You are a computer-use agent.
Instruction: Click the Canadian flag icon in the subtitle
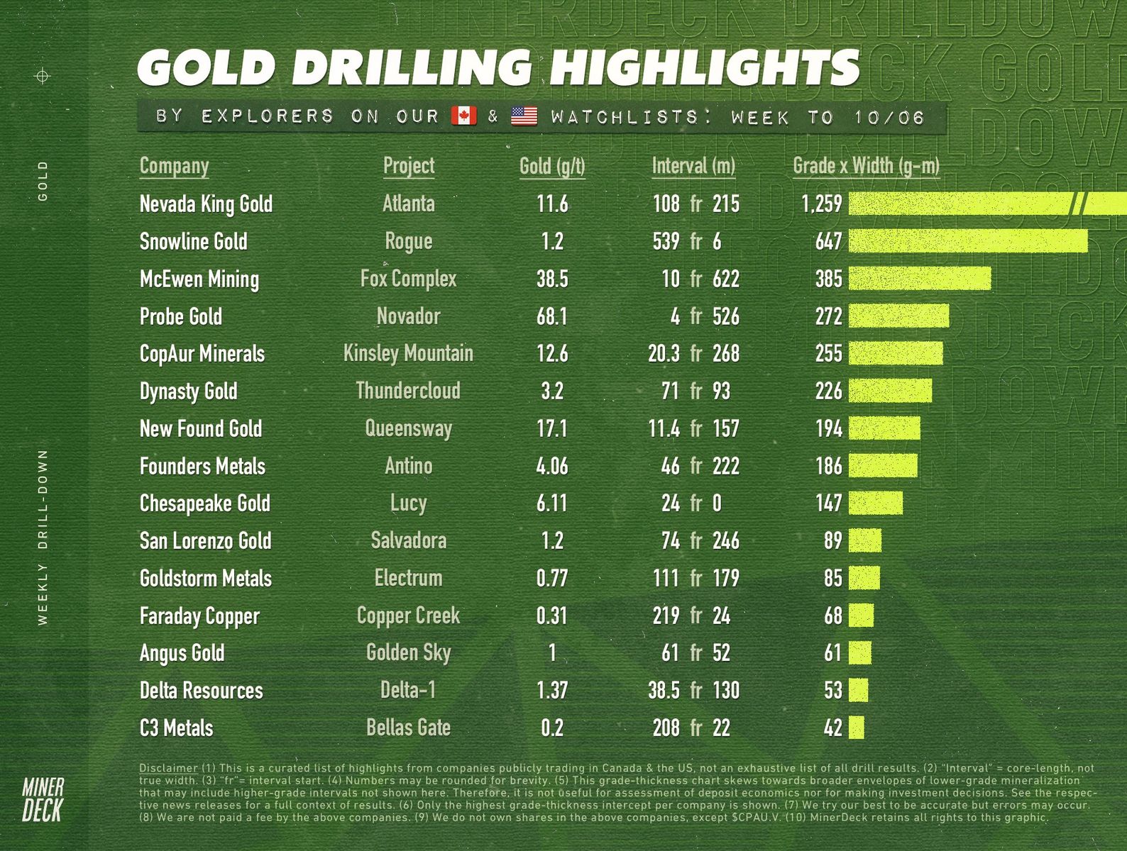tap(464, 116)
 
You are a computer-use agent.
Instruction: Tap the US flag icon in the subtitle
tap(524, 116)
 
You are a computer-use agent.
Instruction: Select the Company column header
tap(174, 166)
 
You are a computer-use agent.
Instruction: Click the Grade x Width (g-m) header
tap(866, 166)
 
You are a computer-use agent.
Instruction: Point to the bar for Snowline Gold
tap(968, 241)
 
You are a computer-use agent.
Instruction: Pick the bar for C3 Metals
tap(857, 728)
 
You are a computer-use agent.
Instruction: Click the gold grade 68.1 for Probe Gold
tap(552, 316)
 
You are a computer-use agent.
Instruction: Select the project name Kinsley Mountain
tap(408, 353)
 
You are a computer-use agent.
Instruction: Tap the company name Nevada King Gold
tap(206, 204)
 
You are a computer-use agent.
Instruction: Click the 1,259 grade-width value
tap(822, 204)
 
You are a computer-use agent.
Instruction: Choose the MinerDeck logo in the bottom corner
tap(43, 799)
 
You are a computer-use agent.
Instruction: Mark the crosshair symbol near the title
tap(43, 76)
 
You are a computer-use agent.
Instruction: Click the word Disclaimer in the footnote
tap(168, 768)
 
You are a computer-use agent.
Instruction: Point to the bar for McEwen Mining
tap(920, 279)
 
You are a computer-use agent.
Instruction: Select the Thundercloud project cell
tap(408, 391)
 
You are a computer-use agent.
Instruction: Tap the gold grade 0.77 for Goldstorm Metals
tap(552, 578)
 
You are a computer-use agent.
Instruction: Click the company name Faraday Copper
tap(199, 616)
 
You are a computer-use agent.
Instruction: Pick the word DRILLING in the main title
tap(412, 68)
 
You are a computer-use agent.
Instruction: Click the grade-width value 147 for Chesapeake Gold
tap(828, 504)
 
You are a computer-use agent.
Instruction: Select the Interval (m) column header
tap(693, 166)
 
